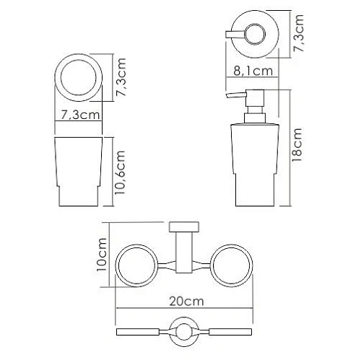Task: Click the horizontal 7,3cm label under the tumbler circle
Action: pos(79,115)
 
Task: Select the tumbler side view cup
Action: pos(78,171)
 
